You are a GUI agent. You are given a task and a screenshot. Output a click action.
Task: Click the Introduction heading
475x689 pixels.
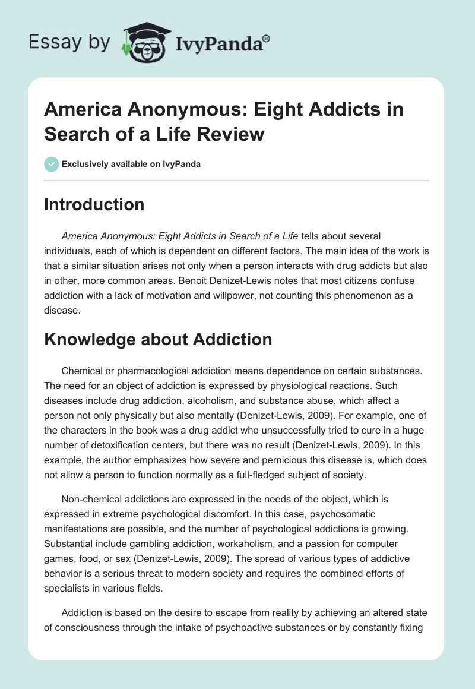click(x=94, y=204)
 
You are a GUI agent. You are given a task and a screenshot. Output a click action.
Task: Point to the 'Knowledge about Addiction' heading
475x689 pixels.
click(x=158, y=339)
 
